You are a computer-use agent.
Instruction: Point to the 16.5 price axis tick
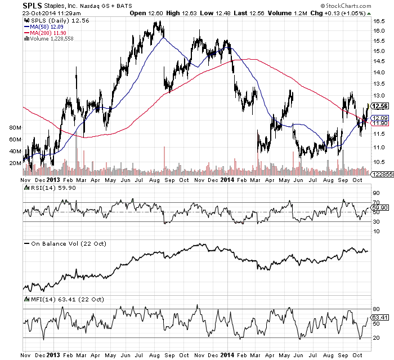[x=378, y=20]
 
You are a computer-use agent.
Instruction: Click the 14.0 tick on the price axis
[x=378, y=73]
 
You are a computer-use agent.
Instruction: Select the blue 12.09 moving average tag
[x=380, y=117]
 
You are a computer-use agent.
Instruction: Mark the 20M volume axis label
[x=15, y=163]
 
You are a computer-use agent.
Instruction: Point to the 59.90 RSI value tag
[x=380, y=208]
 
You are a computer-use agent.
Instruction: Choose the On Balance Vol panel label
[x=59, y=243]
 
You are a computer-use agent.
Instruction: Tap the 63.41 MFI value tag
[x=380, y=318]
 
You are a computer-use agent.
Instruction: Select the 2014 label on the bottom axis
[x=226, y=356]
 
